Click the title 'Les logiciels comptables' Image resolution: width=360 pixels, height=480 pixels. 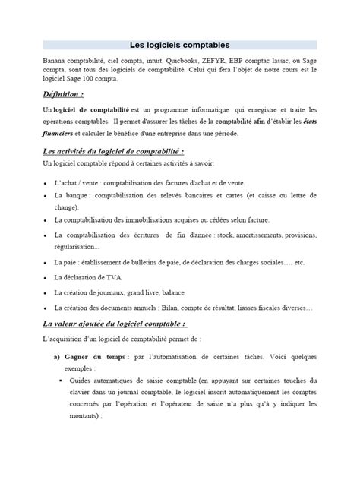click(180, 45)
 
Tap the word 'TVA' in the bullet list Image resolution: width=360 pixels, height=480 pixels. click(115, 277)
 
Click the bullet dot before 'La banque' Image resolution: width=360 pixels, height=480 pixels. click(47, 196)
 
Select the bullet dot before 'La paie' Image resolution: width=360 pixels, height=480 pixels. click(47, 263)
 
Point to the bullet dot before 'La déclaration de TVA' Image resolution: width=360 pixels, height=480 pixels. click(47, 277)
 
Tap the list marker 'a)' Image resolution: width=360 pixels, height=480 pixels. click(57, 355)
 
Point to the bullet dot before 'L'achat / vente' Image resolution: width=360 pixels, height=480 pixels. click(47, 184)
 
